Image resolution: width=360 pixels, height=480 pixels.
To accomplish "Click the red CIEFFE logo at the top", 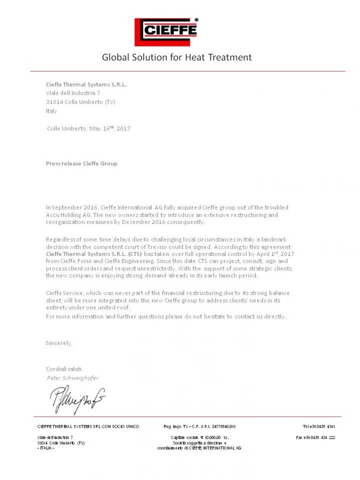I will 166,31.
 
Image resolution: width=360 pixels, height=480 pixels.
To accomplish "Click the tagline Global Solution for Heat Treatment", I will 177,57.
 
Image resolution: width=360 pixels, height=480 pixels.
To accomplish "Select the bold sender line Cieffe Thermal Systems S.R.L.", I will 86,84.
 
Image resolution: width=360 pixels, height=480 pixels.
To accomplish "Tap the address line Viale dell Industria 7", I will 73,93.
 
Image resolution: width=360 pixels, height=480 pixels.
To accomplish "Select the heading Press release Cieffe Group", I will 82,163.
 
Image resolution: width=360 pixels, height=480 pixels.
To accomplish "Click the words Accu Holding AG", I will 68,215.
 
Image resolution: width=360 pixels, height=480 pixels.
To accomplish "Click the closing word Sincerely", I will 59,343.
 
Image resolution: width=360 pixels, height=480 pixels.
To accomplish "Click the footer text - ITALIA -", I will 46,448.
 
